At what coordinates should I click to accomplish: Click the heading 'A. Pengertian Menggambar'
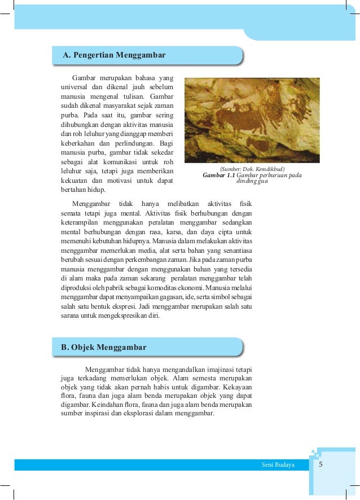114,55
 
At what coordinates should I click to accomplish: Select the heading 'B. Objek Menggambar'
104,347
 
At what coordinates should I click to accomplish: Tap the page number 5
321,464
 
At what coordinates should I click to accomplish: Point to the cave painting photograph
252,120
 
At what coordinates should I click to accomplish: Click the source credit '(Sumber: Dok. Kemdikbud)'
252,169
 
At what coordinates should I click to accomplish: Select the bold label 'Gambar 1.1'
218,176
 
